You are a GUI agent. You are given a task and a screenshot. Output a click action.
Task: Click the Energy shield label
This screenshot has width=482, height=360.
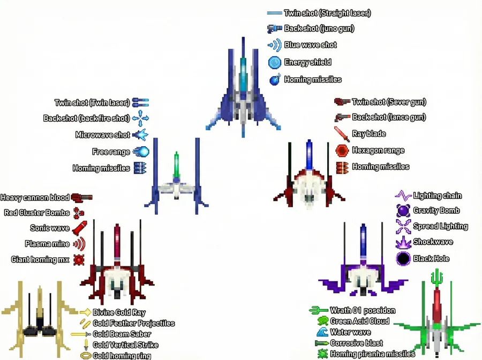point(307,62)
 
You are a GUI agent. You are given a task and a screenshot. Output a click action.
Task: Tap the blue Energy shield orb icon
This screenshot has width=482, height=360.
point(275,62)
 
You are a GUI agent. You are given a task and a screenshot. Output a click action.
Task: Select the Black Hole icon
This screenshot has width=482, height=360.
point(403,259)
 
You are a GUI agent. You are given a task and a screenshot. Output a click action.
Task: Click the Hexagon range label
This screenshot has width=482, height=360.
point(378,151)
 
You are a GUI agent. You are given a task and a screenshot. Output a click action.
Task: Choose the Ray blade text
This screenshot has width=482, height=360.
point(368,134)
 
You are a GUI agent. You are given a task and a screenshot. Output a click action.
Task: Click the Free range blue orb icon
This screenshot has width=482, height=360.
point(141,152)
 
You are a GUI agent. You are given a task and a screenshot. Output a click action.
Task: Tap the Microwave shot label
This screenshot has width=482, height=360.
point(102,135)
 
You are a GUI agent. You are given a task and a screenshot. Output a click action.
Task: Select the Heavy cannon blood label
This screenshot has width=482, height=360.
point(34,198)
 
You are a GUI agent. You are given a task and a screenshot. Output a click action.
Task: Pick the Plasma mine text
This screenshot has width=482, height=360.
point(47,244)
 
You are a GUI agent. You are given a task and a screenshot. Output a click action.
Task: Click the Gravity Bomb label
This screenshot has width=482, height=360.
point(436,211)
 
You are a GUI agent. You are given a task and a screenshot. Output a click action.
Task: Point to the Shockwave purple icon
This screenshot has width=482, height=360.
point(403,242)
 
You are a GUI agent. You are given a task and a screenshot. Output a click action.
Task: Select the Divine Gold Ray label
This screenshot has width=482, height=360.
point(119,312)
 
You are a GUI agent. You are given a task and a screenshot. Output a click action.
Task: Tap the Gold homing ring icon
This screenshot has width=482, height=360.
point(85,355)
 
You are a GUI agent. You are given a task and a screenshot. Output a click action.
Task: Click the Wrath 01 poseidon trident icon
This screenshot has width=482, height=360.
point(319,310)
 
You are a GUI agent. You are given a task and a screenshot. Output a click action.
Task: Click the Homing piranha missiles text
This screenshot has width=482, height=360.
point(372,354)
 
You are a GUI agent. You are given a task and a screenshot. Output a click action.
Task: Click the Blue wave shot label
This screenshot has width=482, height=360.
point(310,45)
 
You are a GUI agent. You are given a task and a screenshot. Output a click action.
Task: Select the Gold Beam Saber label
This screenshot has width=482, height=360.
point(122,334)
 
